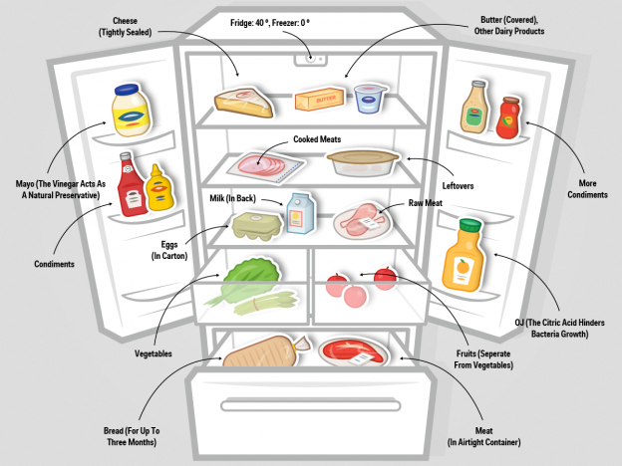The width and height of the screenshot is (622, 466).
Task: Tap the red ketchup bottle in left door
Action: pos(133,186)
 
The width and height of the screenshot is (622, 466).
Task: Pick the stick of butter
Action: pos(318,99)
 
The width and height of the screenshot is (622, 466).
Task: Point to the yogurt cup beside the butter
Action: pos(370,98)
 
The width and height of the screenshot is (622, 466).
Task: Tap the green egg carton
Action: pos(254,226)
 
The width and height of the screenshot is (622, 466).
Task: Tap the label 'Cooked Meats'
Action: pos(317,140)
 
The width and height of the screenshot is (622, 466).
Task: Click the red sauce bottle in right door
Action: pos(508,117)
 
